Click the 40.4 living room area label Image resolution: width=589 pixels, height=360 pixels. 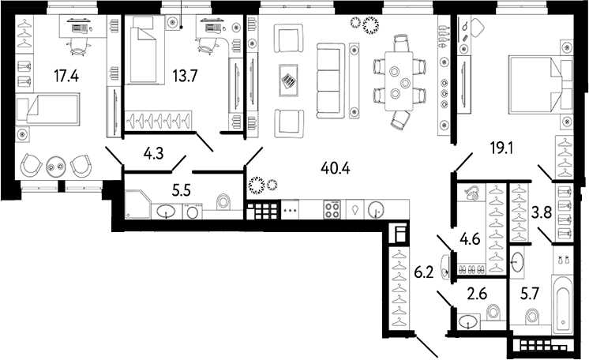tap(334, 167)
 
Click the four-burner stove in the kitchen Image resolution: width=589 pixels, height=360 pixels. tap(332, 210)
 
